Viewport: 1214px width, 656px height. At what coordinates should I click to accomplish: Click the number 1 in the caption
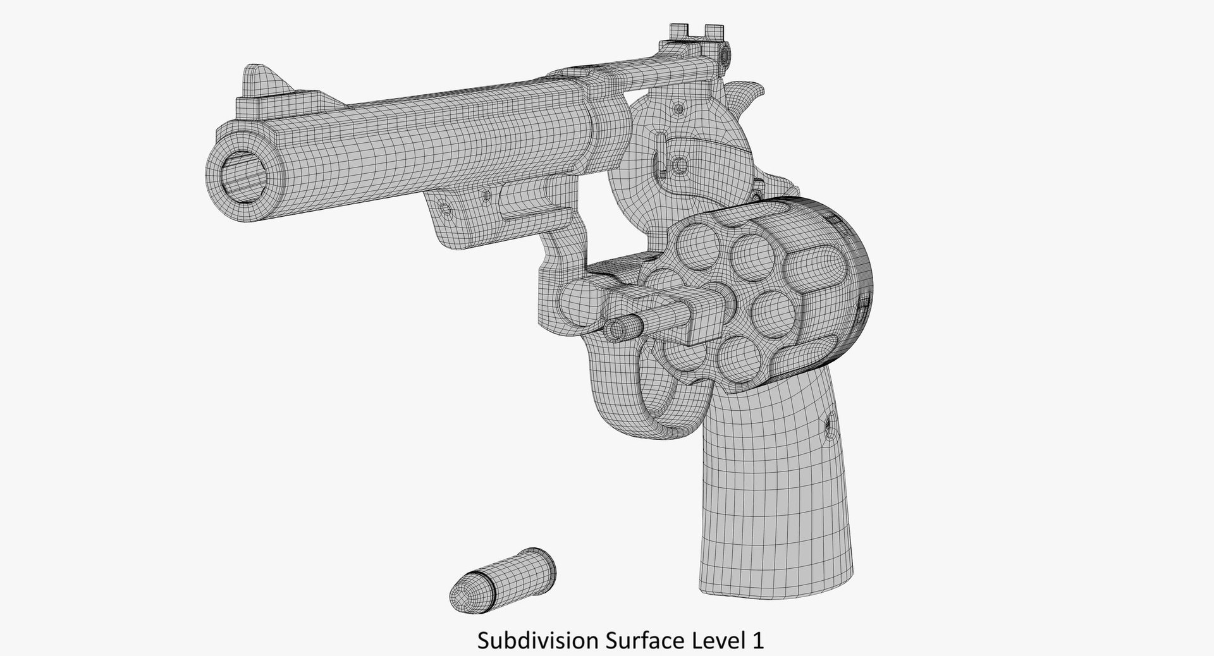coord(757,640)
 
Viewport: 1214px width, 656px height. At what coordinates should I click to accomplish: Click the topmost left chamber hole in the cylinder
coord(694,243)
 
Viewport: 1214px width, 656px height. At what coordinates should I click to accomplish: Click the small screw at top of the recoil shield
coord(678,107)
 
